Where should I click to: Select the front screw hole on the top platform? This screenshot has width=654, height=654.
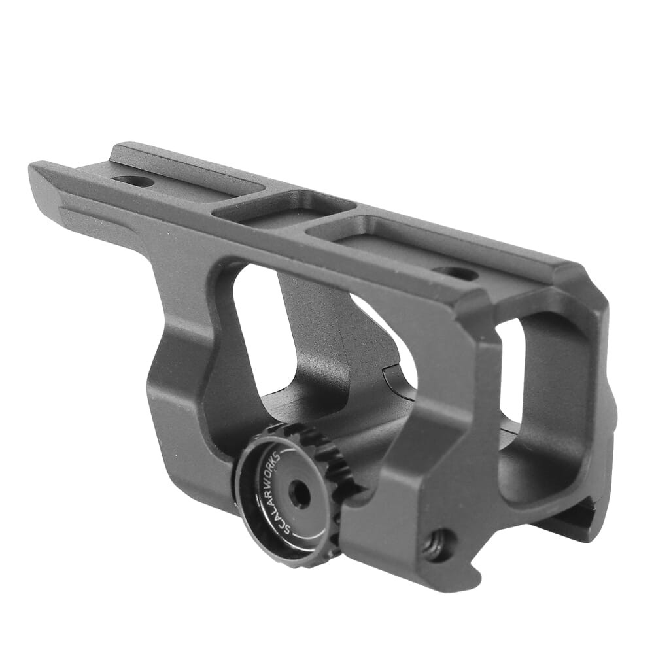click(133, 181)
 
